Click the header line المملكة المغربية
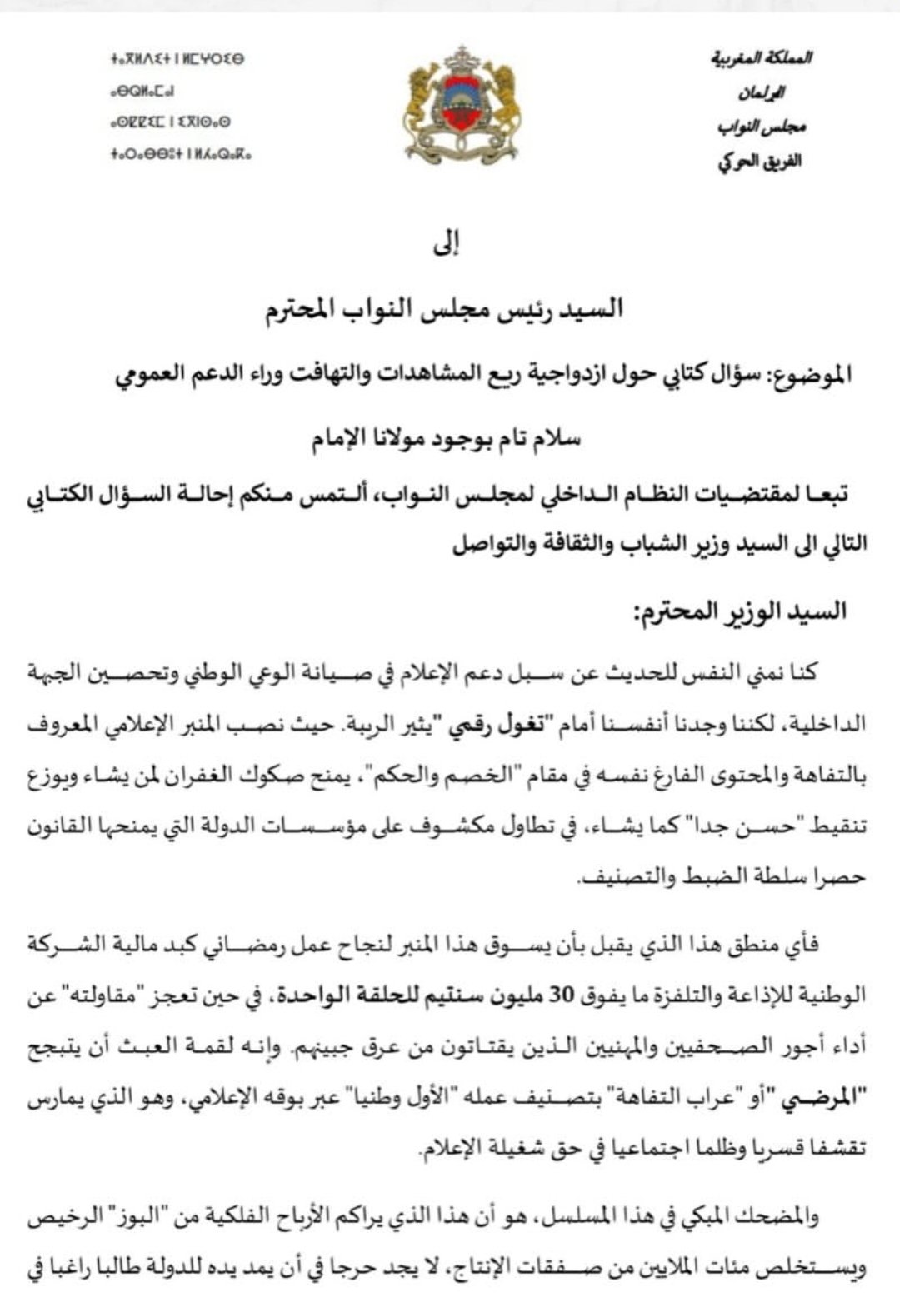[762, 59]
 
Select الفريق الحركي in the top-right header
[760, 161]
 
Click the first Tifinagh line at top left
[177, 60]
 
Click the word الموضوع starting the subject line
[813, 376]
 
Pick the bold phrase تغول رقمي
[488, 724]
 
